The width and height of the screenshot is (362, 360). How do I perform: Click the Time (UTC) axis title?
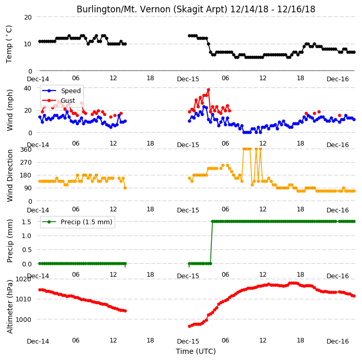(x=196, y=351)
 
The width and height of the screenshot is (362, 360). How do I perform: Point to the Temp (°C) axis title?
(x=9, y=44)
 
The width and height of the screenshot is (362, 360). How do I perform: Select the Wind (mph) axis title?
(x=10, y=110)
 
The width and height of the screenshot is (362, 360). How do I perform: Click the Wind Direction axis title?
(x=10, y=175)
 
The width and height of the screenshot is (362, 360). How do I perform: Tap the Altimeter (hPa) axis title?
(x=10, y=307)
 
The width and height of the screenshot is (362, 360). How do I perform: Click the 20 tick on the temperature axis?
(x=28, y=17)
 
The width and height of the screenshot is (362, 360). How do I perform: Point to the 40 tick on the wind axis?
(x=27, y=88)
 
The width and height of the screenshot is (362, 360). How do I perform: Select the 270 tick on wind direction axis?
(x=26, y=163)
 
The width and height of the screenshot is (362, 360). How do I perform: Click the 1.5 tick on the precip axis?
(x=27, y=222)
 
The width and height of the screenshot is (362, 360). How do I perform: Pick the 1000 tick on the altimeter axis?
(x=23, y=319)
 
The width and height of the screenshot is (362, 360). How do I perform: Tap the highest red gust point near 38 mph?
(x=208, y=89)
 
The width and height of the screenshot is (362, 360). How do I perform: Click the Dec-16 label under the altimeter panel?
(x=337, y=341)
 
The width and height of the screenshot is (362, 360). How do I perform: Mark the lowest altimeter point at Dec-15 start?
(x=189, y=326)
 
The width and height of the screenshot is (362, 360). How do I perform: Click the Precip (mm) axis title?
(x=10, y=241)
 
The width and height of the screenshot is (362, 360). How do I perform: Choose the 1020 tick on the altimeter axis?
(x=23, y=279)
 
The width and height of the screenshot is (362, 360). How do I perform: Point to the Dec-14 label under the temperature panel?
(x=38, y=79)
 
